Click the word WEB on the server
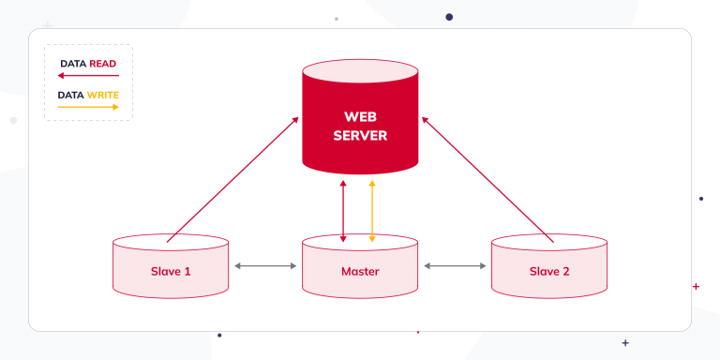pos(360,117)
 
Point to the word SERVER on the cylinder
pos(360,137)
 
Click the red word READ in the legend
pos(103,64)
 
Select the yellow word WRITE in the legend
pos(102,95)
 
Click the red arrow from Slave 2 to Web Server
pos(487,179)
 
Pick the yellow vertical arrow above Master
pos(373,211)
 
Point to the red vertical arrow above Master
pos(344,211)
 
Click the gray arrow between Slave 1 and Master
pos(265,266)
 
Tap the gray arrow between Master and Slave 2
pos(455,266)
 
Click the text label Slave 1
pos(171,272)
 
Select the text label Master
pos(360,272)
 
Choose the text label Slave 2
pos(549,272)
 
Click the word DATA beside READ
pos(73,64)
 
